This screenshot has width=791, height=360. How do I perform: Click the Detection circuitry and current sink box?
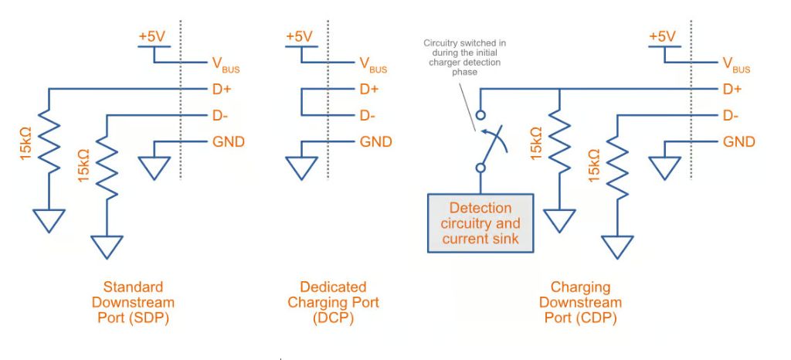tap(480, 222)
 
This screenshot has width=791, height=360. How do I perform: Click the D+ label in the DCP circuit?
tap(370, 90)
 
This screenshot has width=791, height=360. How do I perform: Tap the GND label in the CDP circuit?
tap(739, 142)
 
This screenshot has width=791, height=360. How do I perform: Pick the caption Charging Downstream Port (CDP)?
tap(580, 302)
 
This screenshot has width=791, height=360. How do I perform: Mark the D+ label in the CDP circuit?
tap(733, 90)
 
